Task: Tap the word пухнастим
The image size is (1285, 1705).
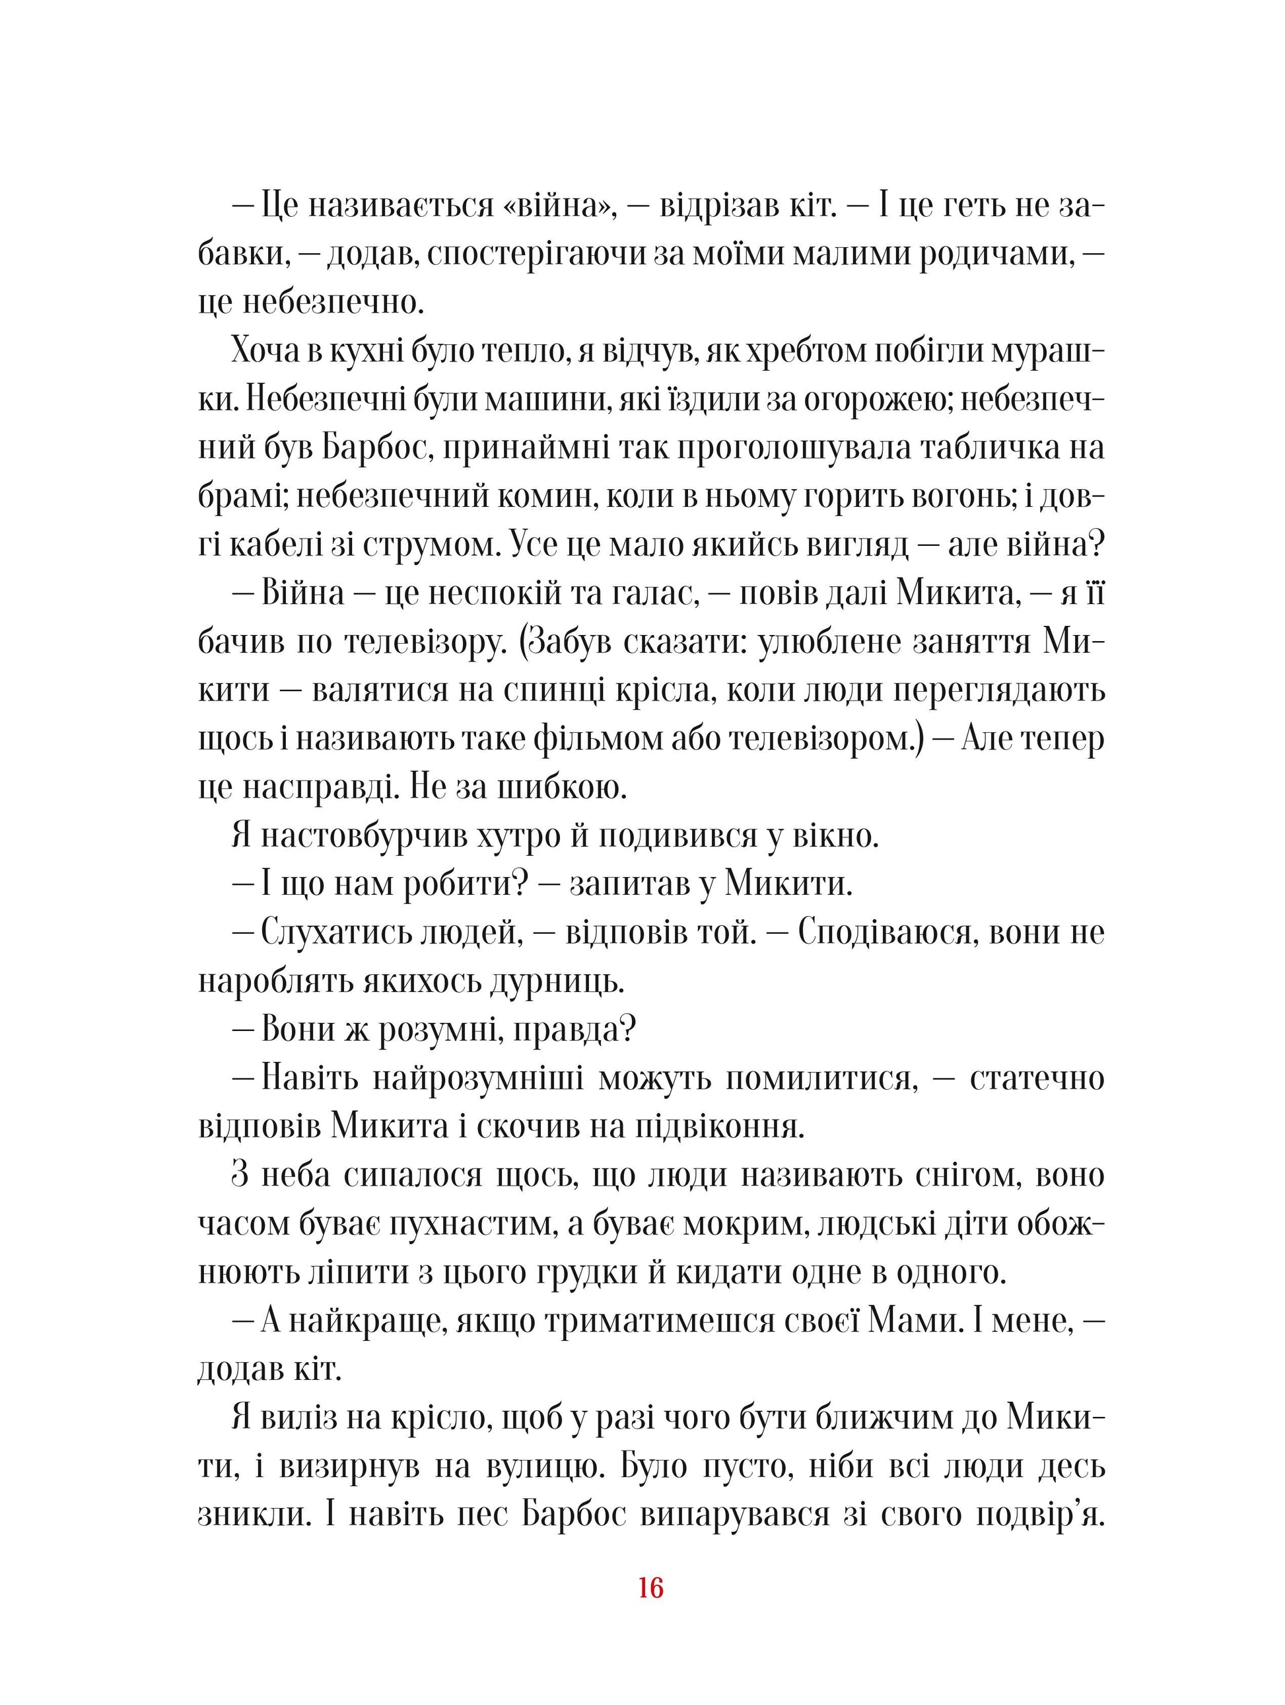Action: click(x=461, y=1224)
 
